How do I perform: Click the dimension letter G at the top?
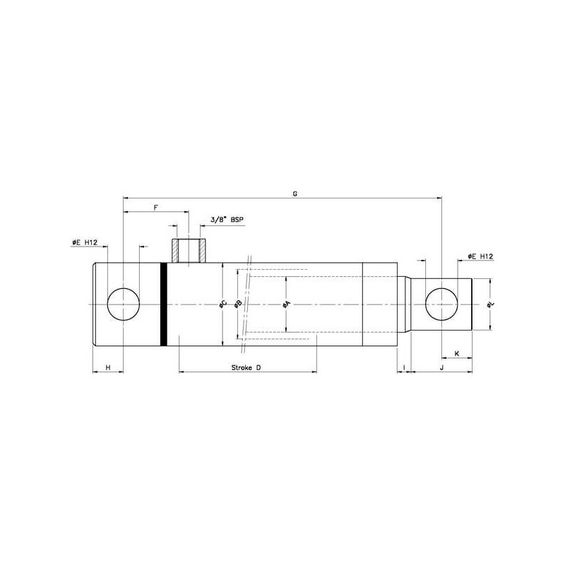click(295, 194)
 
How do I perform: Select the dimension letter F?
click(155, 208)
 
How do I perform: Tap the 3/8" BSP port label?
click(227, 219)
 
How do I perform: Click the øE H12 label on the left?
click(85, 242)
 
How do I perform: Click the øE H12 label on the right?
click(480, 256)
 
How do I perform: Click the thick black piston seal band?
click(164, 304)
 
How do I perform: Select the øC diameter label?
click(223, 305)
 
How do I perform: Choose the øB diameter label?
click(238, 304)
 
